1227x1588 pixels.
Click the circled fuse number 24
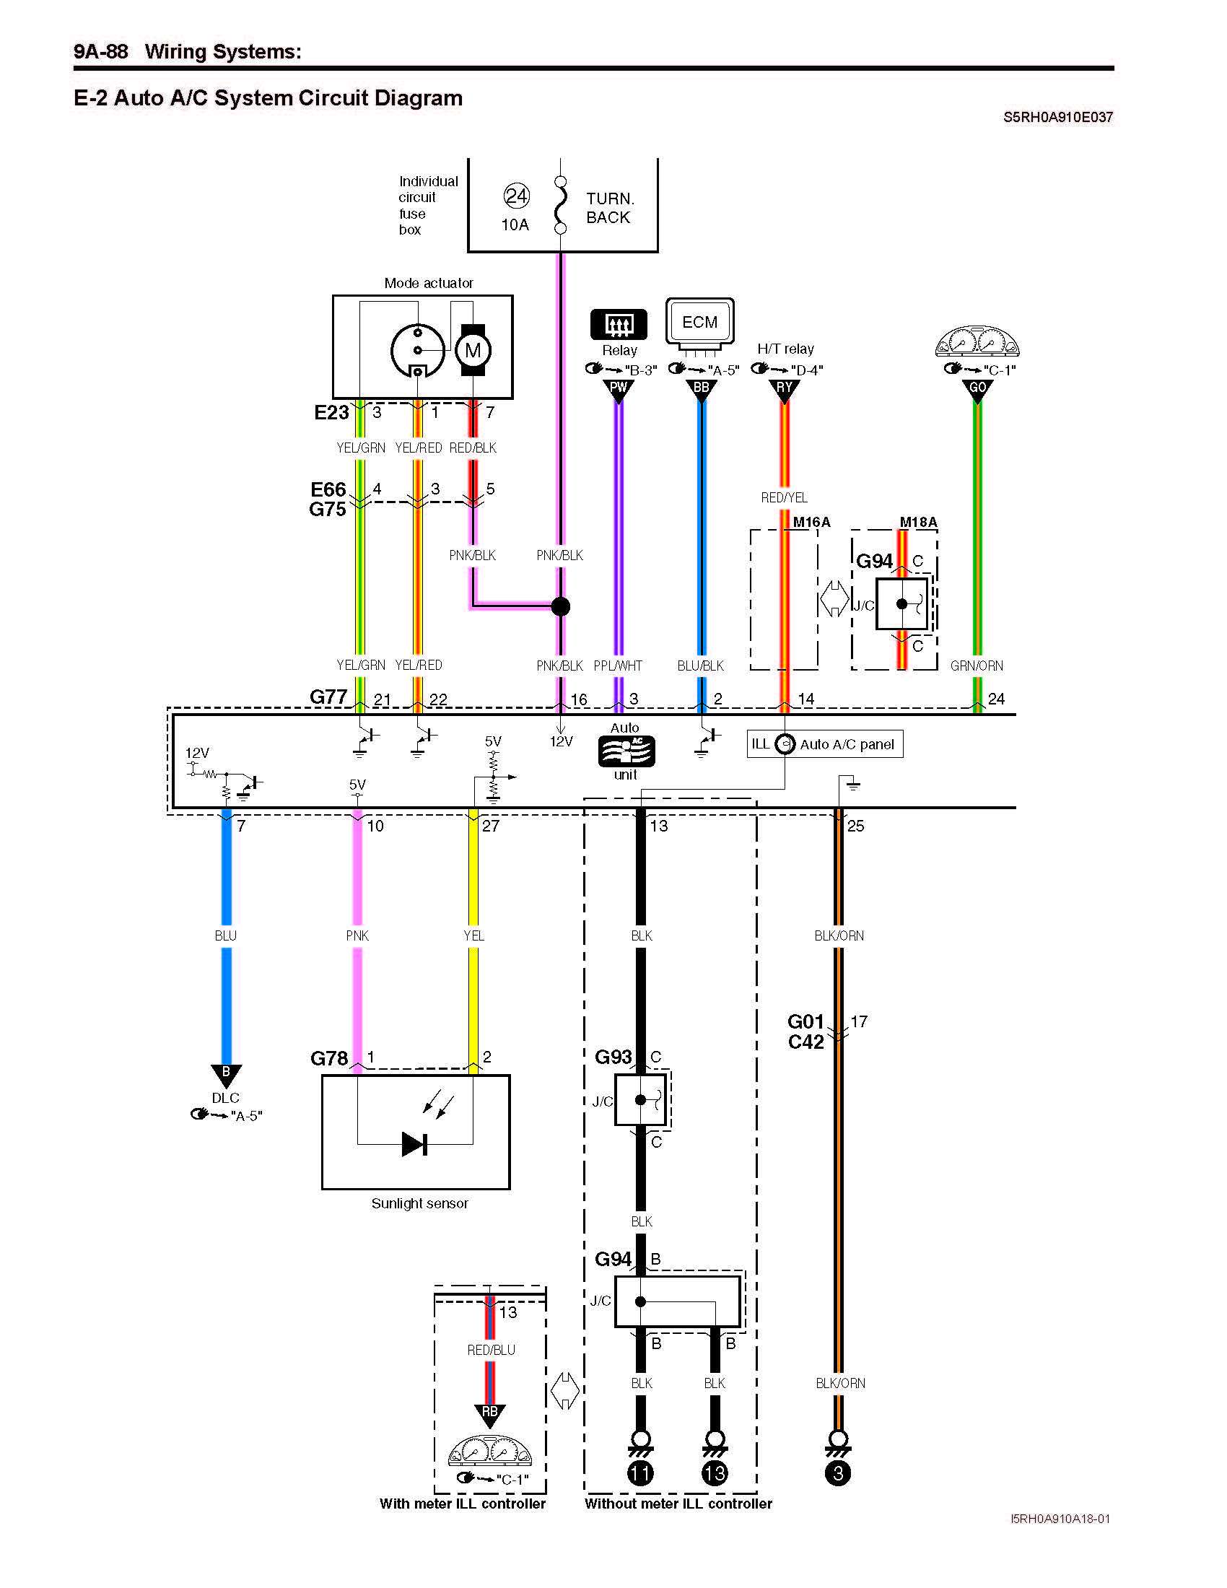point(516,196)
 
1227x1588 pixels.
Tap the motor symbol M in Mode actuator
point(473,351)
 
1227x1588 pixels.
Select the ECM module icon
point(700,321)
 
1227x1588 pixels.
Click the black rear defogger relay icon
point(619,324)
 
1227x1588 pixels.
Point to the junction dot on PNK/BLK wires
point(560,606)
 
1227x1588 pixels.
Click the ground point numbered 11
point(640,1473)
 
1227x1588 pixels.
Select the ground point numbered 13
point(715,1473)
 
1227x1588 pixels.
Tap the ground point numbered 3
point(838,1473)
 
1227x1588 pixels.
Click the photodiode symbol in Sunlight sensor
point(414,1144)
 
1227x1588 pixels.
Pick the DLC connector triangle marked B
point(226,1074)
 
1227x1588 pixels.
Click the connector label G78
point(329,1059)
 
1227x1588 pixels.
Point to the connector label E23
point(331,413)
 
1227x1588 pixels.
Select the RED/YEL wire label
point(784,498)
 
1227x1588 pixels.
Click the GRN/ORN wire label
point(977,666)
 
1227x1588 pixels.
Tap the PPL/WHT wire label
point(618,666)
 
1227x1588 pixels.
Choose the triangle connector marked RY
point(785,390)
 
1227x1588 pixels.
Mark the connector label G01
point(805,1021)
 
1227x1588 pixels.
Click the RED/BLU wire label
point(491,1351)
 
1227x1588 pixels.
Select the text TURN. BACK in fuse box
point(609,208)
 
